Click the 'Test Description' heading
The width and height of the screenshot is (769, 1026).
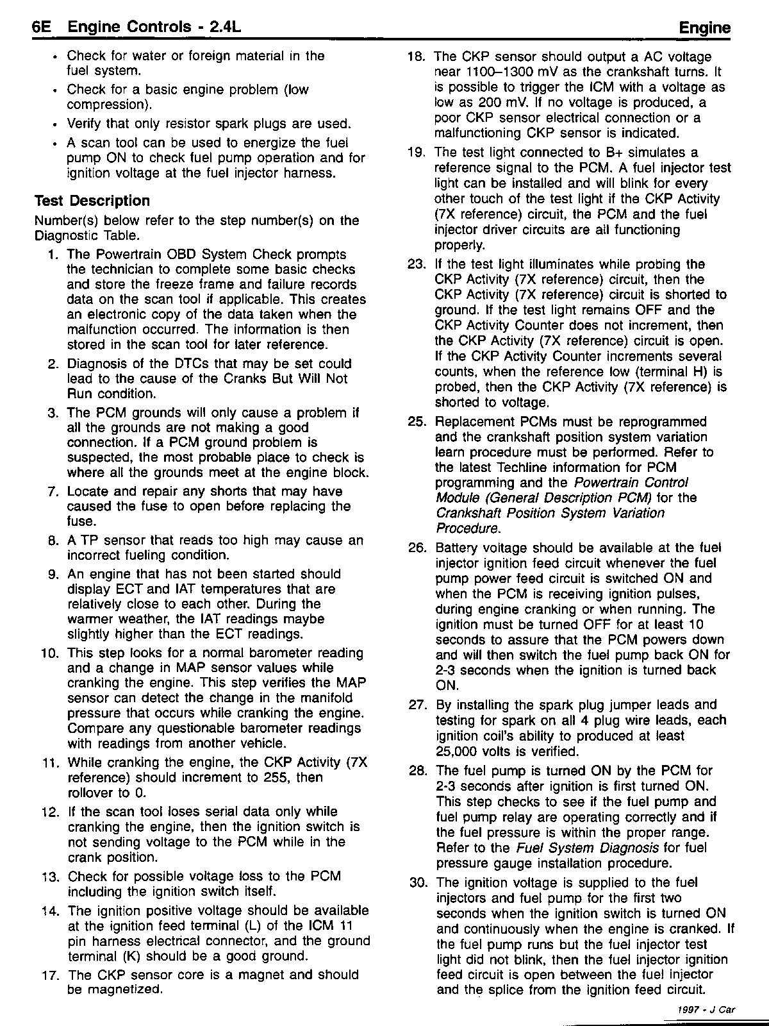92,201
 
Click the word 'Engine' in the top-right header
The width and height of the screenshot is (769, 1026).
704,28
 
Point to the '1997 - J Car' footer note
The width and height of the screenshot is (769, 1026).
706,1009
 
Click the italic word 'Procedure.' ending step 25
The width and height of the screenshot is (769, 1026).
467,528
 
